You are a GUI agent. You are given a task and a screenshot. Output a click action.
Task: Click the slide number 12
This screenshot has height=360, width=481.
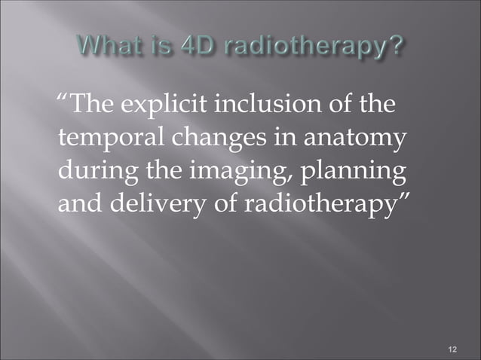click(452, 349)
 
